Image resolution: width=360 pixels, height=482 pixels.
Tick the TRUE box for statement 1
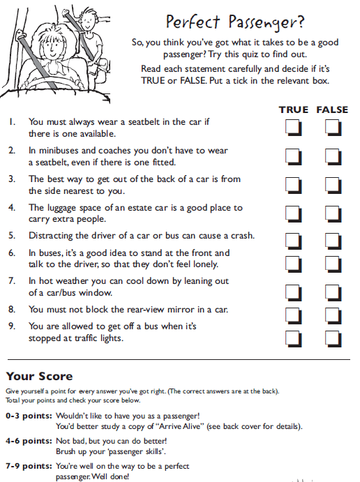coord(294,128)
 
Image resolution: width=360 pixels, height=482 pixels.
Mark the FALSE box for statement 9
coord(333,338)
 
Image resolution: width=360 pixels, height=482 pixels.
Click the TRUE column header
coord(294,110)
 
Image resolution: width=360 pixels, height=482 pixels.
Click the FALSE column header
coord(332,110)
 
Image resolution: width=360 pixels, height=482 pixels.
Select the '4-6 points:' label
coord(29,442)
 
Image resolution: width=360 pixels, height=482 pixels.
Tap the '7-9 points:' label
coord(29,466)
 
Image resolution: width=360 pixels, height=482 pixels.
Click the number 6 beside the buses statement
coord(11,253)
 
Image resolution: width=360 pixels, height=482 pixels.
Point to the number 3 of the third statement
coord(11,179)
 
